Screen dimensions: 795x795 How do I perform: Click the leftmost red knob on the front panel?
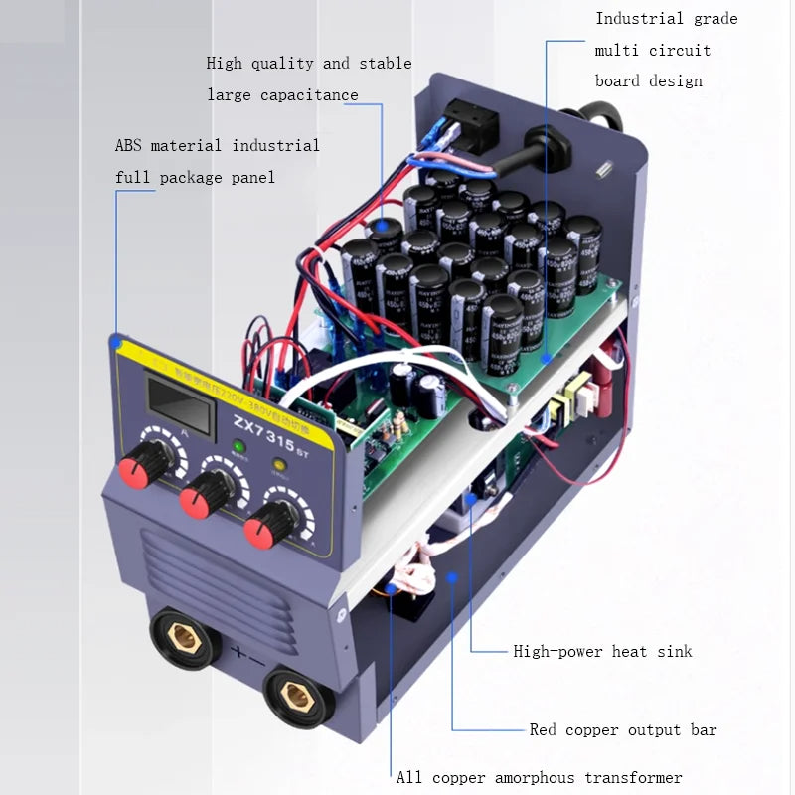click(x=142, y=464)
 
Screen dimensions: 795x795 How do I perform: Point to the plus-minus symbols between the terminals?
click(x=246, y=656)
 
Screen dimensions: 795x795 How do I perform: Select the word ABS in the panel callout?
click(x=128, y=146)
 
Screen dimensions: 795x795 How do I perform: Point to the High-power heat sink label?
click(x=602, y=652)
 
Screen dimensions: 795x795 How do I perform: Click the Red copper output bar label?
click(x=623, y=730)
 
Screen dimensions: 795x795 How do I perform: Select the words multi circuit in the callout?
click(x=653, y=50)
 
